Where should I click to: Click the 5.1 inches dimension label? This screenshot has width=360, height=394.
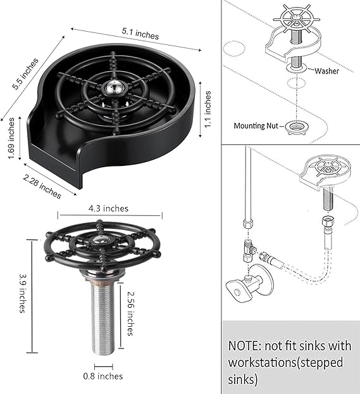pos(140,34)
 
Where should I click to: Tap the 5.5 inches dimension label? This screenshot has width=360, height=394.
pos(26,73)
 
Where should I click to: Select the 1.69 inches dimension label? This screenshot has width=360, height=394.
pos(11,138)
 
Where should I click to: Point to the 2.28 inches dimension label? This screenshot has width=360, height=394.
pos(42,186)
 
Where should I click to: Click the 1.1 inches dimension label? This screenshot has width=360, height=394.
pos(208,110)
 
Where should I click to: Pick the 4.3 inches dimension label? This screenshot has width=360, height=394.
pos(108,208)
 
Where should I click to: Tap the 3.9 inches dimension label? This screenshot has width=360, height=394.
pos(23,293)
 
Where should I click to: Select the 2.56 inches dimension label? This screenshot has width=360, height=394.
pos(130,314)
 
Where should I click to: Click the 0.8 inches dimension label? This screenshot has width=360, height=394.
pos(103,376)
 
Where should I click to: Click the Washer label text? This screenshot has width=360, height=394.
pos(326,71)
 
